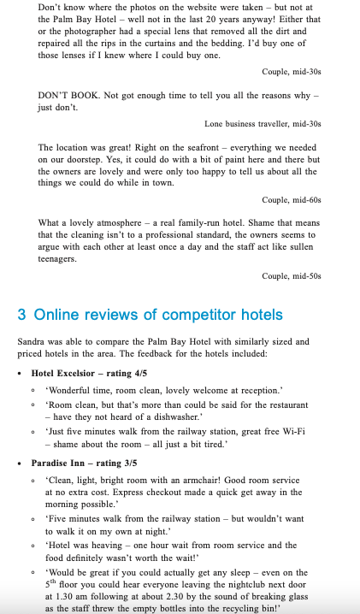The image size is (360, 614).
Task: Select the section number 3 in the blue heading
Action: (22, 314)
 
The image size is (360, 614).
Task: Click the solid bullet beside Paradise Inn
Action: (21, 463)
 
